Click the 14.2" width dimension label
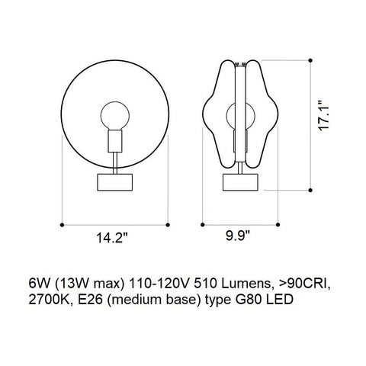(111, 238)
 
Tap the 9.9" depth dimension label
(238, 236)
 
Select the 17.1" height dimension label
(323, 116)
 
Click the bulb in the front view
(115, 116)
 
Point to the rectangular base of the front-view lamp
(115, 182)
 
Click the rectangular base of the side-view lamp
(240, 182)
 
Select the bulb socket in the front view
(115, 141)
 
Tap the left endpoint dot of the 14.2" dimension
(62, 225)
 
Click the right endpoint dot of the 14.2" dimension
(168, 225)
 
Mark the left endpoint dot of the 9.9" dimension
(203, 225)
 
